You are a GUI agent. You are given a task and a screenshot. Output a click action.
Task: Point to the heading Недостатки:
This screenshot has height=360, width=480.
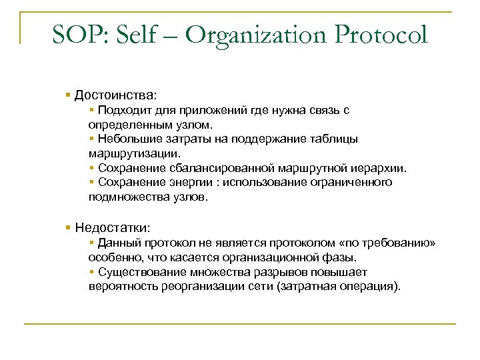tap(113, 228)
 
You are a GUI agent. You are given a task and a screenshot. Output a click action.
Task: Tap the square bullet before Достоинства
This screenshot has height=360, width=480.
tap(69, 95)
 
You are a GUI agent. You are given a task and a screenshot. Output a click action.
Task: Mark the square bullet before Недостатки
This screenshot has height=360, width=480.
tap(69, 228)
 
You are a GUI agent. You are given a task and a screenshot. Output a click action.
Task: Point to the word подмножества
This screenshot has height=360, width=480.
tap(124, 197)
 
